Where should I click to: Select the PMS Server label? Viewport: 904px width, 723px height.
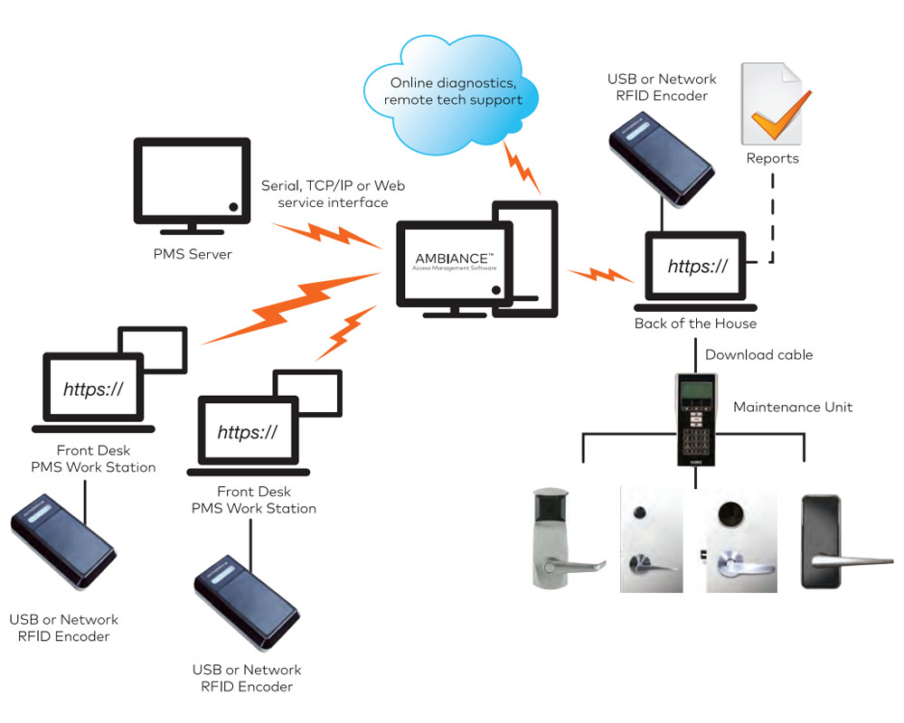pos(192,254)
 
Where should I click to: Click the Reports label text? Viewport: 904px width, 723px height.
pos(772,158)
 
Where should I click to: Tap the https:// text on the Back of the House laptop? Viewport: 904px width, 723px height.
pos(697,266)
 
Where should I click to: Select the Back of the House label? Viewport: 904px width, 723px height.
pos(695,324)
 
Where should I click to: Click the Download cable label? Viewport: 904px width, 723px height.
pos(758,354)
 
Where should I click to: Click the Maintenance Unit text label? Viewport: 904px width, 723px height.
pos(793,407)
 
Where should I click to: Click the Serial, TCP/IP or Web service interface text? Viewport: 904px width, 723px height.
pos(333,194)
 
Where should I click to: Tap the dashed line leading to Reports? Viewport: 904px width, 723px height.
pos(771,217)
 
